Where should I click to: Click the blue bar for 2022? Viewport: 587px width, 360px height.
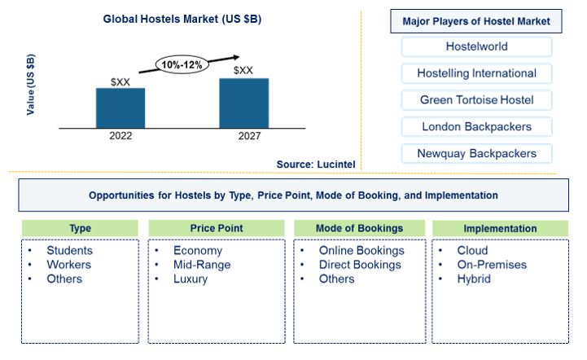120,108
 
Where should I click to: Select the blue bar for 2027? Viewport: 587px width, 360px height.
244,103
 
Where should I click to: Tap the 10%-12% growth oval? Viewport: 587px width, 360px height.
182,65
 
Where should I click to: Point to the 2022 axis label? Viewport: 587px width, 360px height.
120,135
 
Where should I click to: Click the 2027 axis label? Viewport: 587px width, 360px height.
249,135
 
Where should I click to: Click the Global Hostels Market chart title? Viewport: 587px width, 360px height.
182,19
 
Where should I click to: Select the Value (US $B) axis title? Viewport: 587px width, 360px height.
31,85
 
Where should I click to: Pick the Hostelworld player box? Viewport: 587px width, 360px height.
476,46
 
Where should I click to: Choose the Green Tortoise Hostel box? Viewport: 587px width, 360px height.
476,100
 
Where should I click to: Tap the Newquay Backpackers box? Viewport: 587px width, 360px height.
476,154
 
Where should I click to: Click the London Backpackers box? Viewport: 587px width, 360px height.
476,126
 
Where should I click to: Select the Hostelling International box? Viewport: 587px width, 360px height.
476,73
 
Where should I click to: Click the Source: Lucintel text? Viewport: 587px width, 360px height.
316,165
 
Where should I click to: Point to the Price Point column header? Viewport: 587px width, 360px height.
217,228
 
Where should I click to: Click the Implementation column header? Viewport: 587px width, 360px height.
500,229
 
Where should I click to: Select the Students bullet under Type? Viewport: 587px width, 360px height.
70,250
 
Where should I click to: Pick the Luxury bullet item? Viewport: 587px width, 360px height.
191,279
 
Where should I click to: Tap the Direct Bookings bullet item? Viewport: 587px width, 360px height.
360,265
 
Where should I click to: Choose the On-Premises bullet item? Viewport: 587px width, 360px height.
492,265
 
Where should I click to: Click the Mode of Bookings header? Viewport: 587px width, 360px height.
359,228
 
